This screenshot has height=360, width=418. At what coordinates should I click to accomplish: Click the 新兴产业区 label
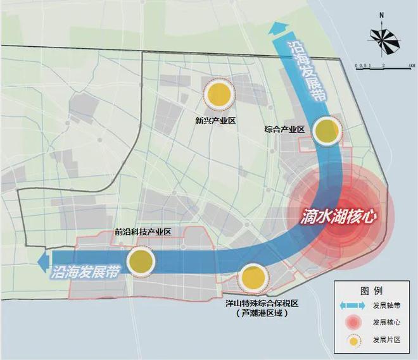[216, 120]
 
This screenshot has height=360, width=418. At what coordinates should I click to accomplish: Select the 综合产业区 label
[284, 130]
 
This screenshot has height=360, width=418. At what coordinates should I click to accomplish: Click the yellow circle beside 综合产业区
[327, 131]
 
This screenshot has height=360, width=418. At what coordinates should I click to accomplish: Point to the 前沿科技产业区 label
[143, 232]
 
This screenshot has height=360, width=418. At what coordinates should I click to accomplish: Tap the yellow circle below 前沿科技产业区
[141, 261]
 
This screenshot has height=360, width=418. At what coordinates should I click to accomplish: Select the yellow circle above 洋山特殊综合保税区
[251, 277]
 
